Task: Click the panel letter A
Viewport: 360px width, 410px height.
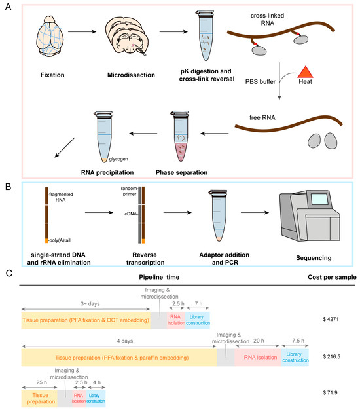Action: [7, 6]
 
